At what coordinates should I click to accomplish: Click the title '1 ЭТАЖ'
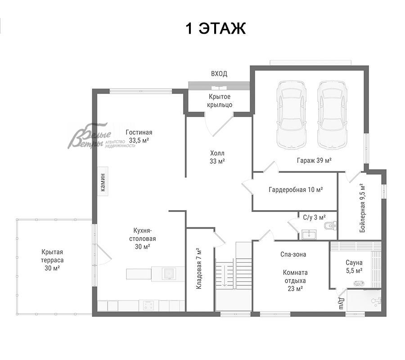tap(216, 28)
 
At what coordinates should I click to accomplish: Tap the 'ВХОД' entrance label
tap(219, 74)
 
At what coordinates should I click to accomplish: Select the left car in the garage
tap(291, 115)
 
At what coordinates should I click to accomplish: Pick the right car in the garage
tap(332, 115)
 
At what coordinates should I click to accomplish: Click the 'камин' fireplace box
tap(103, 181)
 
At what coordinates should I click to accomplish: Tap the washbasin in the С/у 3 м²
tap(309, 235)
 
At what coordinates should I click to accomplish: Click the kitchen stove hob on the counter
tap(149, 306)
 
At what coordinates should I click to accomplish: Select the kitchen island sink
tap(169, 274)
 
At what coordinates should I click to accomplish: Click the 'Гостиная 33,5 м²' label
tap(139, 136)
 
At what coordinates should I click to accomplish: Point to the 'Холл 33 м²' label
tap(217, 157)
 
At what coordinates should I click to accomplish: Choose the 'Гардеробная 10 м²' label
tap(296, 190)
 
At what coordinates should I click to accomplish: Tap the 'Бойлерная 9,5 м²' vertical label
tap(362, 208)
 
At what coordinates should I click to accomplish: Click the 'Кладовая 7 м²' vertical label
tap(198, 269)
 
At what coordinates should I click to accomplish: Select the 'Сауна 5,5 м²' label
tap(354, 266)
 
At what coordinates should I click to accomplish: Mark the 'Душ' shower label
tap(341, 303)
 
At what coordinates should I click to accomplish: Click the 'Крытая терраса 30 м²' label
tap(52, 260)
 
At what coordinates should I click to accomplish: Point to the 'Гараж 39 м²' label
tap(314, 160)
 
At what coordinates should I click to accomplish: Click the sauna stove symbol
tap(359, 283)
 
